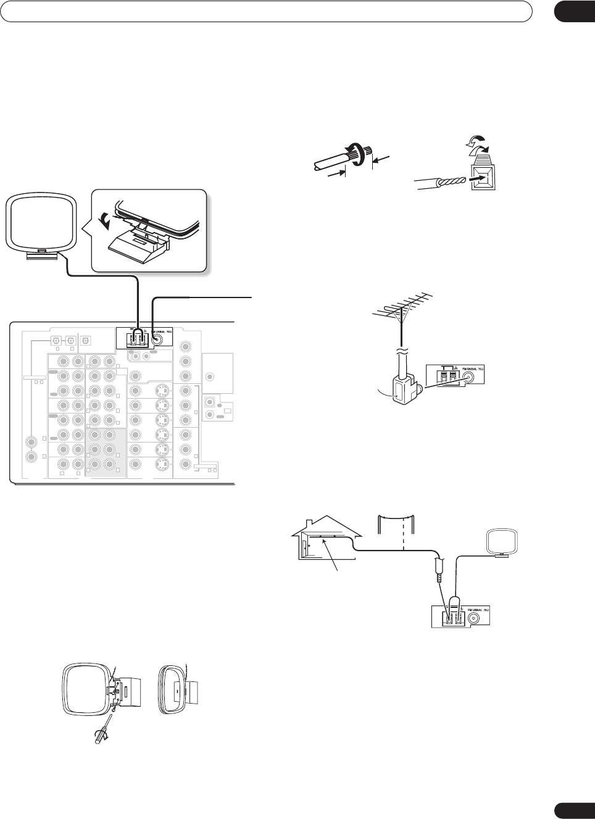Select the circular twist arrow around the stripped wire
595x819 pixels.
pos(359,154)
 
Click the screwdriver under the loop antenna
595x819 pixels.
pos(102,732)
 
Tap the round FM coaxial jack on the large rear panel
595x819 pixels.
pos(159,339)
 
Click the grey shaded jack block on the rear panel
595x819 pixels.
pos(106,452)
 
